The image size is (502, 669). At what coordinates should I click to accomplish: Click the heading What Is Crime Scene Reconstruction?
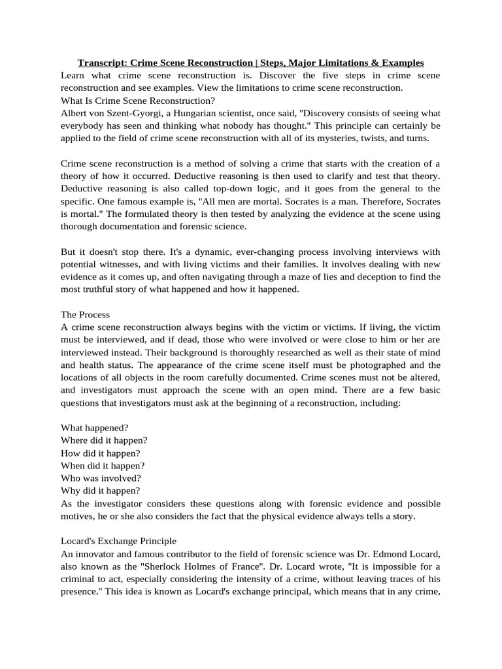tap(138, 100)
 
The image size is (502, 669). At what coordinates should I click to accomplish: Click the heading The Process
tap(86, 314)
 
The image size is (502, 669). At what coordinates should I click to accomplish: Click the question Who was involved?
tap(101, 478)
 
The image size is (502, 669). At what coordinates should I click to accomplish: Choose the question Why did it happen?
tap(101, 490)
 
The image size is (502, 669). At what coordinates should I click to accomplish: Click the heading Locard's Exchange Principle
tap(118, 541)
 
